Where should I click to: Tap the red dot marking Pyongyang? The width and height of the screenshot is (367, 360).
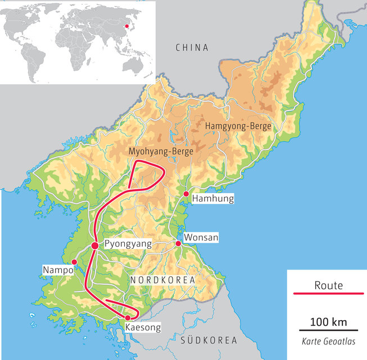pos(95,245)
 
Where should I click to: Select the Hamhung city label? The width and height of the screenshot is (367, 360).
pos(212,198)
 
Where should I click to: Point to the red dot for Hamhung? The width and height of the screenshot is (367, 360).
pos(185,194)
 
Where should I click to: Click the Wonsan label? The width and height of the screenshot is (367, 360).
pos(201,238)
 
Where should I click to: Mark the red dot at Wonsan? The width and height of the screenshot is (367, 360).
pos(178,243)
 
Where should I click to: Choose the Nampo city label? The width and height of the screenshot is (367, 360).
pos(58,270)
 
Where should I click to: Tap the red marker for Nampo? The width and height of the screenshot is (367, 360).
pos(74,262)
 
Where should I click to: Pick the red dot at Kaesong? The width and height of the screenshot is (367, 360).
pos(128,318)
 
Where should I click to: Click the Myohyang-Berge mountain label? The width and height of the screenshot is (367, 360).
pos(161,152)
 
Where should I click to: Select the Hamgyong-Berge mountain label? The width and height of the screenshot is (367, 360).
pos(238,126)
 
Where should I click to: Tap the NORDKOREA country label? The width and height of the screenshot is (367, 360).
pos(162,280)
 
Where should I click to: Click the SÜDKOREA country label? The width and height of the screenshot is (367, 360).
pos(206,340)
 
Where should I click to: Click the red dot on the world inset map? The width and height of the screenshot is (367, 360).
pos(127,26)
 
